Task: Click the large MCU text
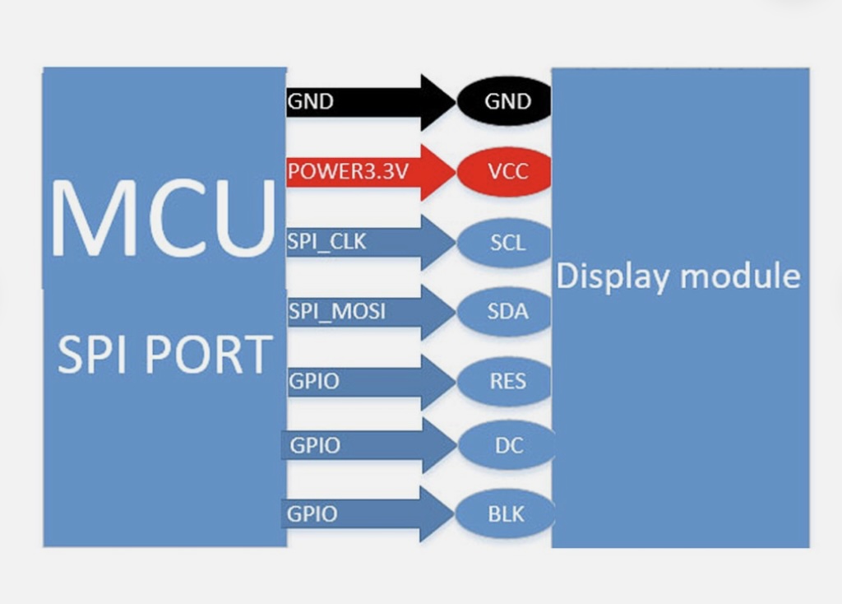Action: (164, 217)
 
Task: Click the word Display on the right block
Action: (612, 277)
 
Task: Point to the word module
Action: (740, 276)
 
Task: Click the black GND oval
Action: (504, 101)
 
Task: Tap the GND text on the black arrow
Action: (310, 101)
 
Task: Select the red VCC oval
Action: (504, 171)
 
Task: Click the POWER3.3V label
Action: (348, 171)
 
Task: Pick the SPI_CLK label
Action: (326, 242)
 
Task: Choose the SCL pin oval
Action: (504, 243)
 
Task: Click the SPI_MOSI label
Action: (336, 312)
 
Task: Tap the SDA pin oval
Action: (504, 312)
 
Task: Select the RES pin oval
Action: (504, 381)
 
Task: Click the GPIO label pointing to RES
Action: (313, 381)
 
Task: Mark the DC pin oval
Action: (506, 445)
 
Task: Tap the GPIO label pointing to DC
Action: (315, 445)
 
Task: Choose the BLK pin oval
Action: (505, 514)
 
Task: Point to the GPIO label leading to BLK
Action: (312, 514)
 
